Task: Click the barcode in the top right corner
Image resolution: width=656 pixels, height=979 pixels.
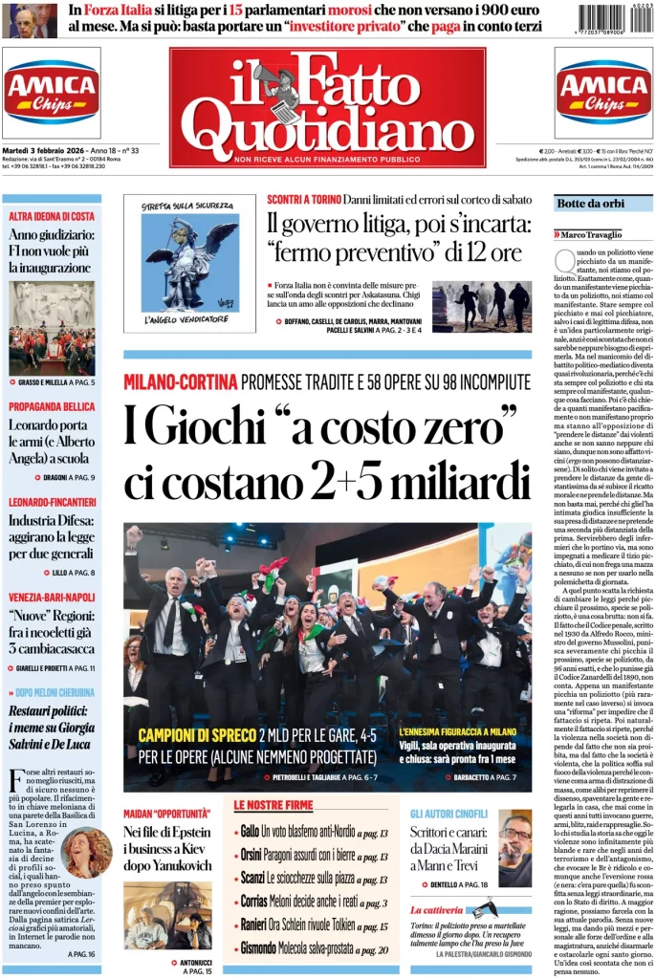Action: pyautogui.click(x=615, y=21)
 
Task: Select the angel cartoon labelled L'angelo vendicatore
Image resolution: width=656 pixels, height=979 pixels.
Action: pyautogui.click(x=189, y=263)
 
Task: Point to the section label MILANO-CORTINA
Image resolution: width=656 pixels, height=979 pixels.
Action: pyautogui.click(x=180, y=383)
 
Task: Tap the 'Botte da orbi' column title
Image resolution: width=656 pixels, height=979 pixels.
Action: pyautogui.click(x=591, y=204)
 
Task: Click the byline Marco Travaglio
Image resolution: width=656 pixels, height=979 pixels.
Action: pyautogui.click(x=593, y=234)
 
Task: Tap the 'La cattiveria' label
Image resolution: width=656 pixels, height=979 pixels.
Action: pyautogui.click(x=438, y=909)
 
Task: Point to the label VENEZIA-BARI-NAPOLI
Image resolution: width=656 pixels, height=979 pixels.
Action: pyautogui.click(x=53, y=598)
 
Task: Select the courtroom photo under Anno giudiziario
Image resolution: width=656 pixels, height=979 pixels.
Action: pyautogui.click(x=53, y=328)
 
